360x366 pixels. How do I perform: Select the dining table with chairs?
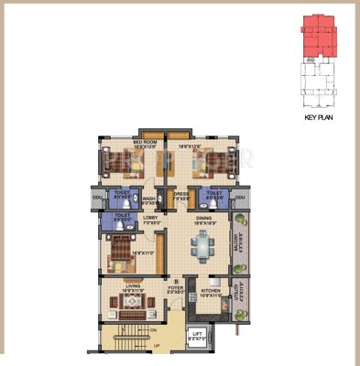coord(203,245)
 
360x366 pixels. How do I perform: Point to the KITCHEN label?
coord(211,292)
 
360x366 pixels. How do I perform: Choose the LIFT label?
coord(197,334)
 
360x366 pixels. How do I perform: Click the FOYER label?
coord(176,288)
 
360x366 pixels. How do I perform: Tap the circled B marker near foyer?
coord(175,281)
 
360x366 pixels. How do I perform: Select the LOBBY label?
coord(152,218)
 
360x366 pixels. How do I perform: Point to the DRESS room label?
coord(181,193)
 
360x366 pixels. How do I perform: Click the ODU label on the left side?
coord(97,197)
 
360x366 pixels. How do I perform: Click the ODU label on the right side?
coord(240,197)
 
